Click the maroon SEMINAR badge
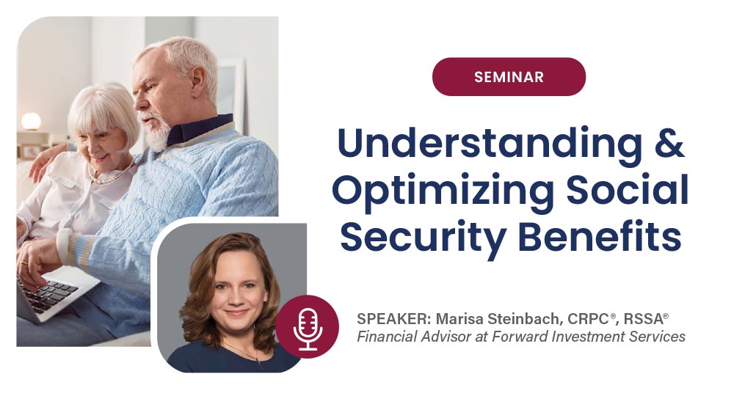click(509, 77)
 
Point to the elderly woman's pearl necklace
click(103, 177)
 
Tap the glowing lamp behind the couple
click(31, 122)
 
